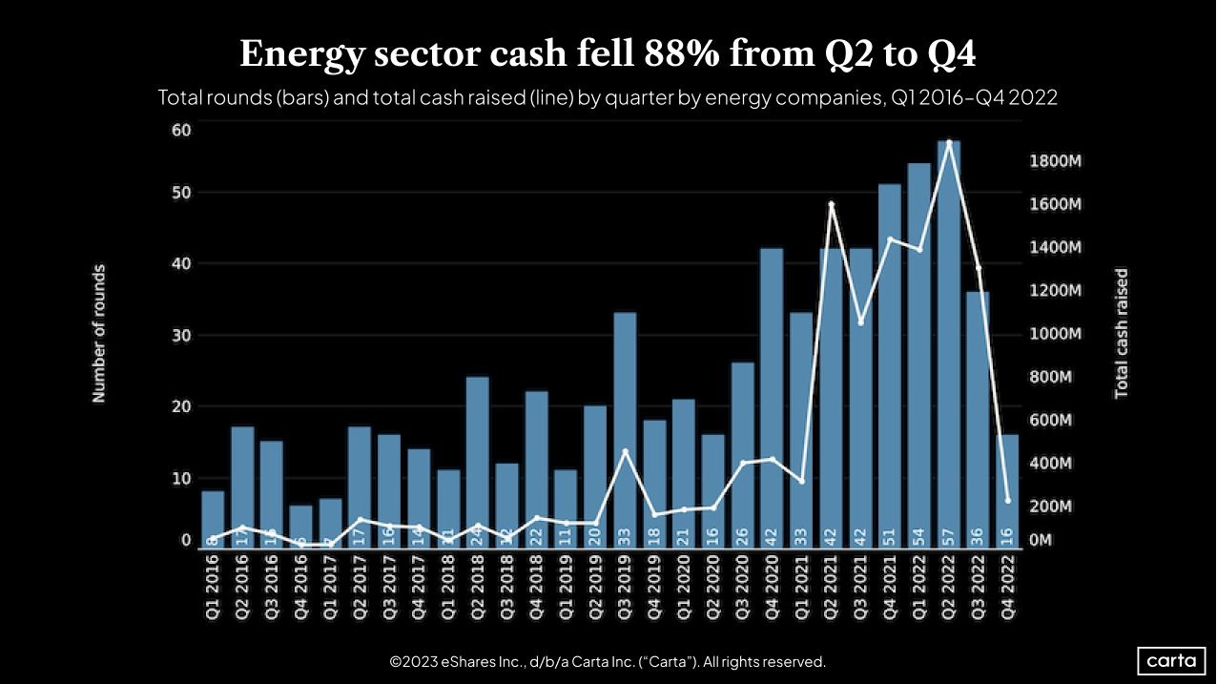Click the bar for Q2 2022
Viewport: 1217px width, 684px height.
pos(948,343)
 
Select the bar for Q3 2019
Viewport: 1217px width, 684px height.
pos(625,429)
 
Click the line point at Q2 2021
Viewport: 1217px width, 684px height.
pos(832,204)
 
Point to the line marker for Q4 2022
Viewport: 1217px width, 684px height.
pos(1008,501)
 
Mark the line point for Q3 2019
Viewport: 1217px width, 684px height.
pos(625,451)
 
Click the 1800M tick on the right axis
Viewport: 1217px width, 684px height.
pos(1056,160)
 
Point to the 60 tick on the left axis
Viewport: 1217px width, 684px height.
pos(181,130)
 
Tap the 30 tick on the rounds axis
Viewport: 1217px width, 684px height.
pos(181,335)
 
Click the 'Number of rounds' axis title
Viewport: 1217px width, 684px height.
pos(99,334)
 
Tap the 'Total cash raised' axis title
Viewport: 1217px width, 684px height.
pos(1122,333)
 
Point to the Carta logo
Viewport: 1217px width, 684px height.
pos(1172,660)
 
